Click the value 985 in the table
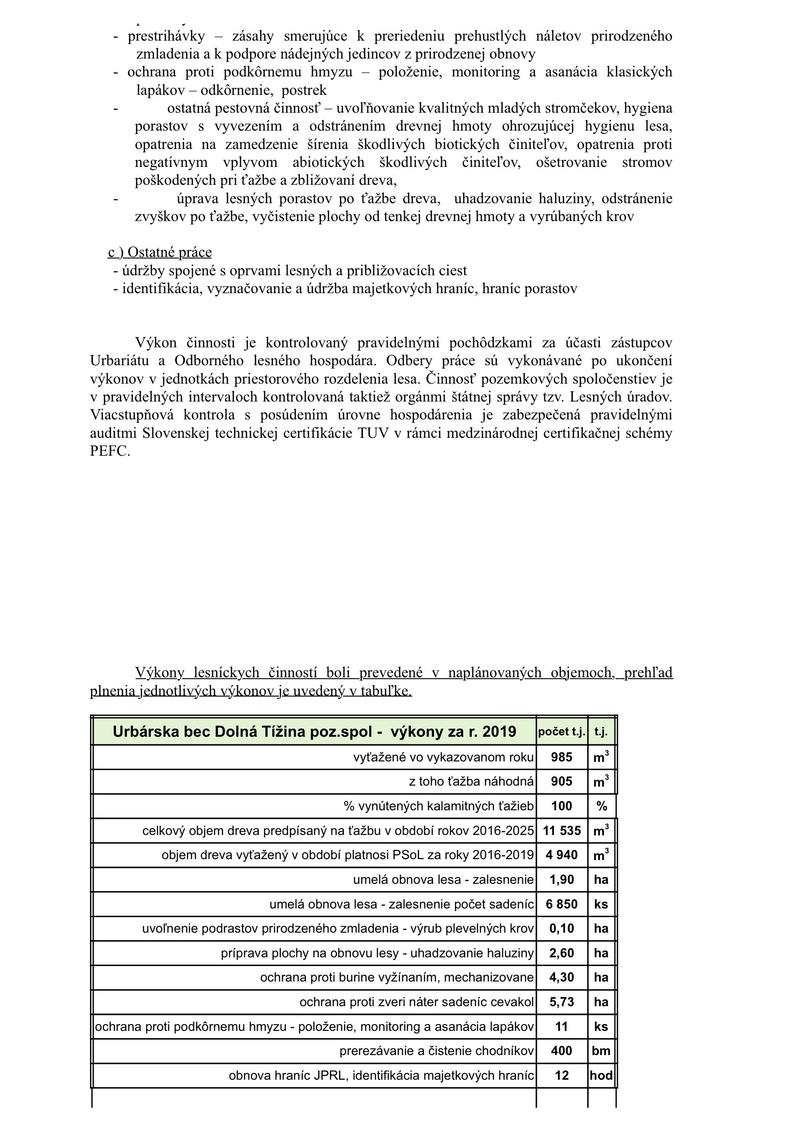(561, 757)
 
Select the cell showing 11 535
(561, 831)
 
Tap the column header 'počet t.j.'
(561, 732)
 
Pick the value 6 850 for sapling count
(561, 905)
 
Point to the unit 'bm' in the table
(601, 1051)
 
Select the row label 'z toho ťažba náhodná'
(471, 782)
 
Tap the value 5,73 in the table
(561, 1002)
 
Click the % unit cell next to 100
(601, 806)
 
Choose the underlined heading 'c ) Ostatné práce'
(160, 252)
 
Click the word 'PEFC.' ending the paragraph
(110, 451)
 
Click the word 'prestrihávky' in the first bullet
(166, 36)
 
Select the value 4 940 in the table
(561, 855)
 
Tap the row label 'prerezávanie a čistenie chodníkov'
(436, 1051)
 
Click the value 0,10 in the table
(561, 928)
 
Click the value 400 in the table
(561, 1051)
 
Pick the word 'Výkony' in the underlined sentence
(160, 672)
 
